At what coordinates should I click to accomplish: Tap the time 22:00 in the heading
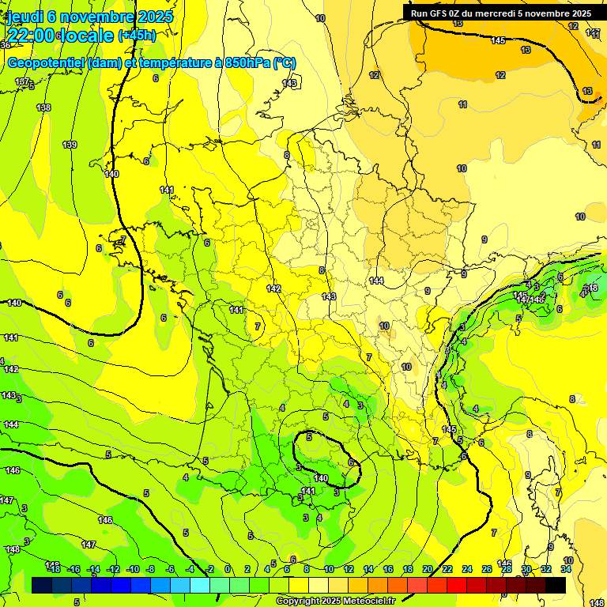tap(32, 36)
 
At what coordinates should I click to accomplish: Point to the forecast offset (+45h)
tap(137, 36)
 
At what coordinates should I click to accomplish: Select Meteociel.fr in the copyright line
tap(368, 601)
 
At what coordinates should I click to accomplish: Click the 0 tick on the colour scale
tap(228, 569)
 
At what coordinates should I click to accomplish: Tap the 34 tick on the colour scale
tap(566, 569)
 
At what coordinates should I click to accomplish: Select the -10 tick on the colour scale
tap(133, 569)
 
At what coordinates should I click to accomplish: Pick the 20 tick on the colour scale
tap(428, 569)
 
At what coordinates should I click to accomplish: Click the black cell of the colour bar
tap(556, 585)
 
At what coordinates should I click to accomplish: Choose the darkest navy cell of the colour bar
tap(43, 585)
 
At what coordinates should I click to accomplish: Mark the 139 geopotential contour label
tap(70, 145)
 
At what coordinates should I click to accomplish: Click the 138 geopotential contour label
tap(43, 107)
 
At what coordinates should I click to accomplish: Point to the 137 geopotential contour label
tap(22, 82)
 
